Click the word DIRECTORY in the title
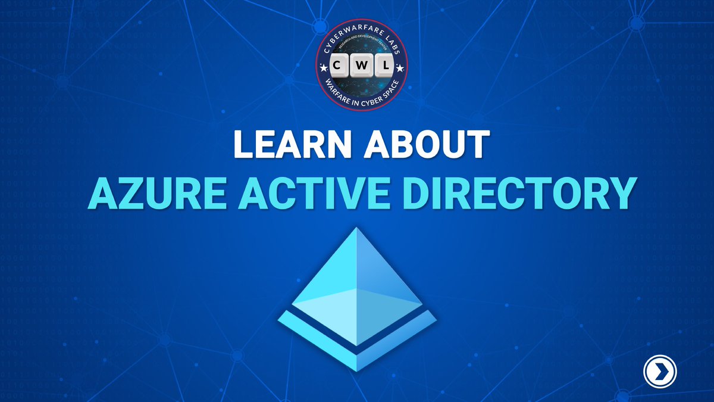(x=508, y=194)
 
